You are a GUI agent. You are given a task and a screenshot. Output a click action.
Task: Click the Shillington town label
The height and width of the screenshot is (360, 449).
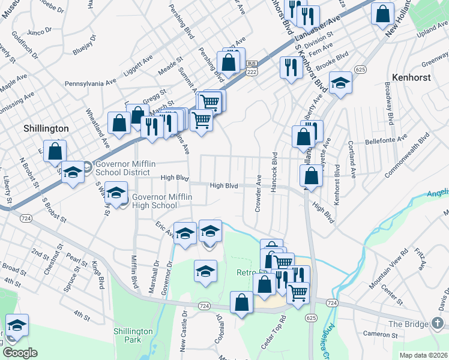click(x=46, y=128)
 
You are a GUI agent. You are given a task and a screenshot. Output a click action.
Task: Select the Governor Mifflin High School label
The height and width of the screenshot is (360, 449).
click(x=154, y=201)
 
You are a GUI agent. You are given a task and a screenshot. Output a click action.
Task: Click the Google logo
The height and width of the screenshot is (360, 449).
click(x=20, y=353)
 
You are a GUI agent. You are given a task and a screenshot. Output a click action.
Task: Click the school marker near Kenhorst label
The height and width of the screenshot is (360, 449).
click(x=340, y=83)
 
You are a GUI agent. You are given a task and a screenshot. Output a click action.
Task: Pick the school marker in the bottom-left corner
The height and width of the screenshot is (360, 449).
click(x=17, y=325)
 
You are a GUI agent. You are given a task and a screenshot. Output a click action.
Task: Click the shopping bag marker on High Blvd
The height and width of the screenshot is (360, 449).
click(x=311, y=177)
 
